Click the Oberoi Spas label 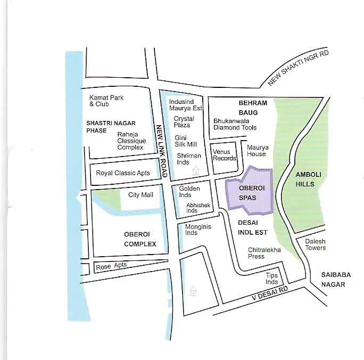point(248,193)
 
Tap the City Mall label point(140,195)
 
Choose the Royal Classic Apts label point(123,173)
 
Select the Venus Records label point(225,155)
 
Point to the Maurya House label point(257,151)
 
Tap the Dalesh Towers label point(315,244)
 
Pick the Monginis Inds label point(198,230)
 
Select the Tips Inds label point(272,279)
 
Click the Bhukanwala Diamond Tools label point(235,124)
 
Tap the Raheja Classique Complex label point(131,141)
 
